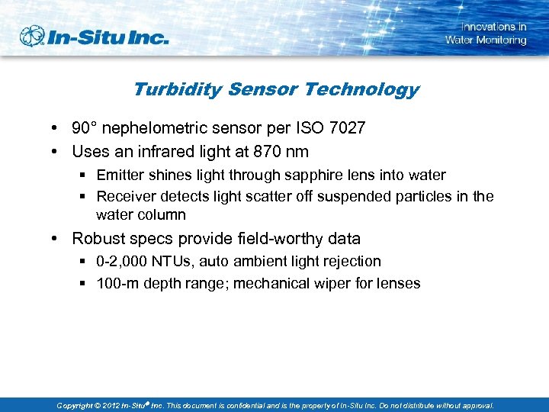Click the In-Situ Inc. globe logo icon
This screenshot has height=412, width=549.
(x=33, y=36)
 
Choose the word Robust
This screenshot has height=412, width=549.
(x=98, y=239)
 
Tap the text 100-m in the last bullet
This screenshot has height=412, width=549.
(x=114, y=283)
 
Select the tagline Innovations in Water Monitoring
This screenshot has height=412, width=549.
(x=486, y=34)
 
